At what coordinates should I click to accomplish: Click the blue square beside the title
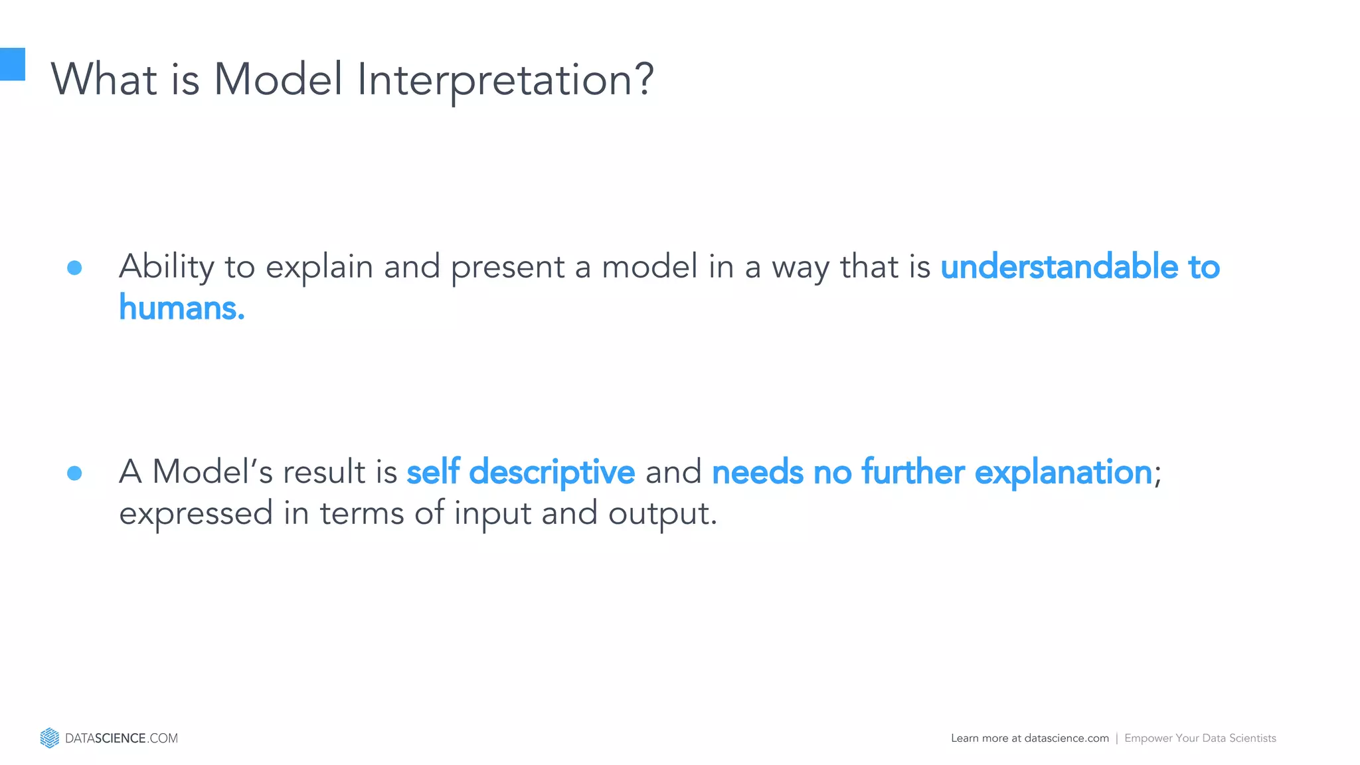coord(12,64)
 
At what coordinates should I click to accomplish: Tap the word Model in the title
coord(278,80)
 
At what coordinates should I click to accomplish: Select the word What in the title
coord(104,80)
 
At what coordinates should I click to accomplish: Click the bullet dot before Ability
coord(74,268)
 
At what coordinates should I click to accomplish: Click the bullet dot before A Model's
coord(74,473)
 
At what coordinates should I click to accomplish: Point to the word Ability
coord(166,268)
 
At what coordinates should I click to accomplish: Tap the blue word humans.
coord(181,308)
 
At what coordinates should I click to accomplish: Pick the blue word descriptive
coord(552,473)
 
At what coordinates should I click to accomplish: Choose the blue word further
coord(912,472)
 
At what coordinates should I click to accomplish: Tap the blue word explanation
coord(1062,473)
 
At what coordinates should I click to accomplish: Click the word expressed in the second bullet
coord(196,515)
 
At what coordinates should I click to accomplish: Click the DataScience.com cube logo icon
coord(49,738)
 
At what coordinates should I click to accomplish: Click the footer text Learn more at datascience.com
coord(1029,738)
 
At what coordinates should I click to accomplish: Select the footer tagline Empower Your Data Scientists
coord(1200,738)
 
